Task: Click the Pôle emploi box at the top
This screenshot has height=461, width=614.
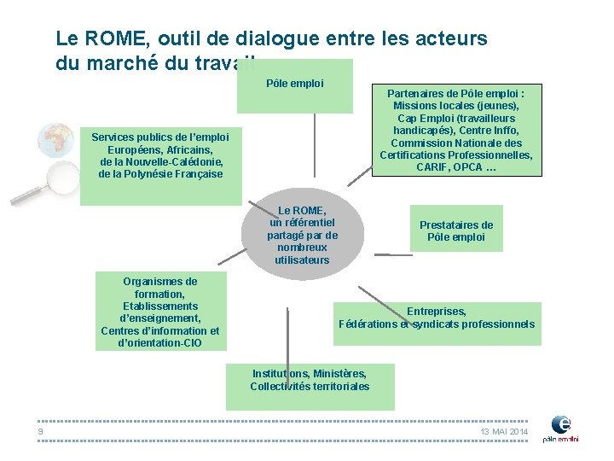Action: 294,85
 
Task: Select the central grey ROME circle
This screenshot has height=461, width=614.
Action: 303,234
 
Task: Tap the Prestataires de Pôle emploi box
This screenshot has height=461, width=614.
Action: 455,230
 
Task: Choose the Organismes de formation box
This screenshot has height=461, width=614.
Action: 160,312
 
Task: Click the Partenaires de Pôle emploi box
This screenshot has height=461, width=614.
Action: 456,130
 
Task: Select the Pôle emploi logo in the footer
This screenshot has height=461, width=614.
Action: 561,428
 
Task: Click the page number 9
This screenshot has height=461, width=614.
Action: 40,432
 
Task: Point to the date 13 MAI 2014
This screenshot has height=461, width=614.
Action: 504,433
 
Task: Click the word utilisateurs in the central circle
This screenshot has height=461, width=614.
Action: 303,260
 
